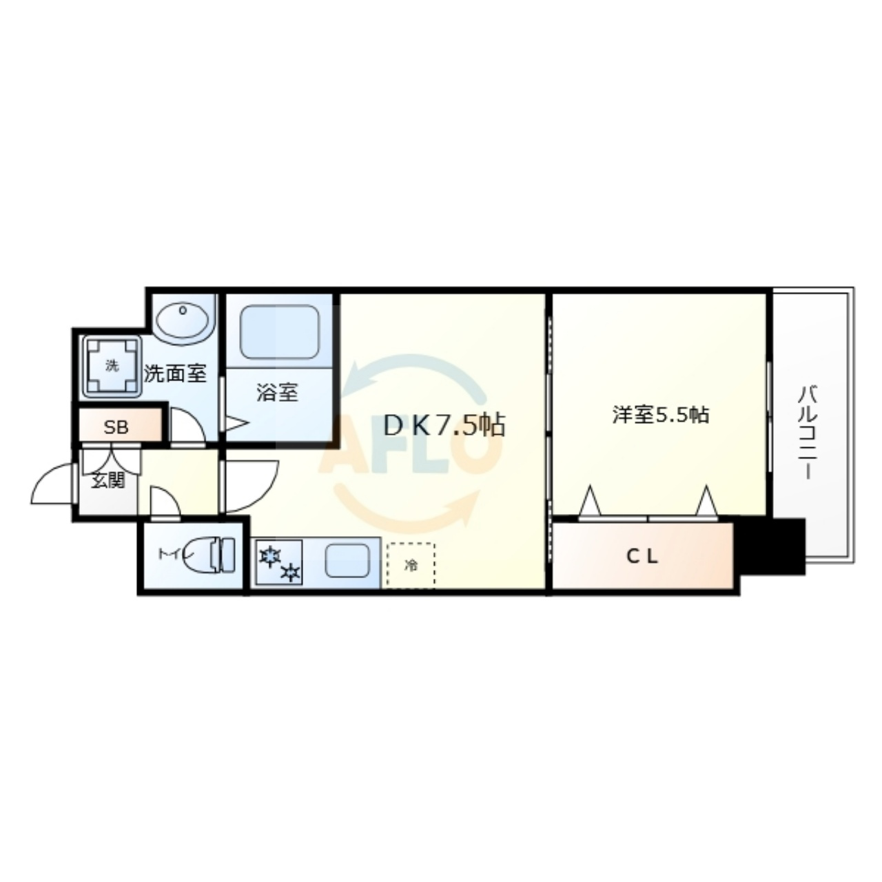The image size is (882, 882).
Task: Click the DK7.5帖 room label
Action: [x=444, y=425]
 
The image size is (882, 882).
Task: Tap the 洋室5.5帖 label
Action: [x=661, y=415]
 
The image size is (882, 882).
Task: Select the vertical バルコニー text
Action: [x=809, y=433]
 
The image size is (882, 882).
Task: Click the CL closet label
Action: [x=642, y=556]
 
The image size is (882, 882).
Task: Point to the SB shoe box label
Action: [x=116, y=427]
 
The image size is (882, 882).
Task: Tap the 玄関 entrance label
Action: [x=108, y=480]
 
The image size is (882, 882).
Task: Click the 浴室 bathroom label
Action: [x=277, y=393]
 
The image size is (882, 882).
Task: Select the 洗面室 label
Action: [x=175, y=373]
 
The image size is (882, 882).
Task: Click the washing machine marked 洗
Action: [x=111, y=366]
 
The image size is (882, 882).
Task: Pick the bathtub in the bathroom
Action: [x=280, y=332]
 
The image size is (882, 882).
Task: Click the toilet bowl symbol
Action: [x=218, y=555]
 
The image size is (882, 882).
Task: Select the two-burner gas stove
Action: [x=279, y=562]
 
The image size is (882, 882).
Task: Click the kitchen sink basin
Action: [x=347, y=561]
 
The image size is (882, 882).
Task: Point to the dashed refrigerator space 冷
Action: [x=411, y=565]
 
